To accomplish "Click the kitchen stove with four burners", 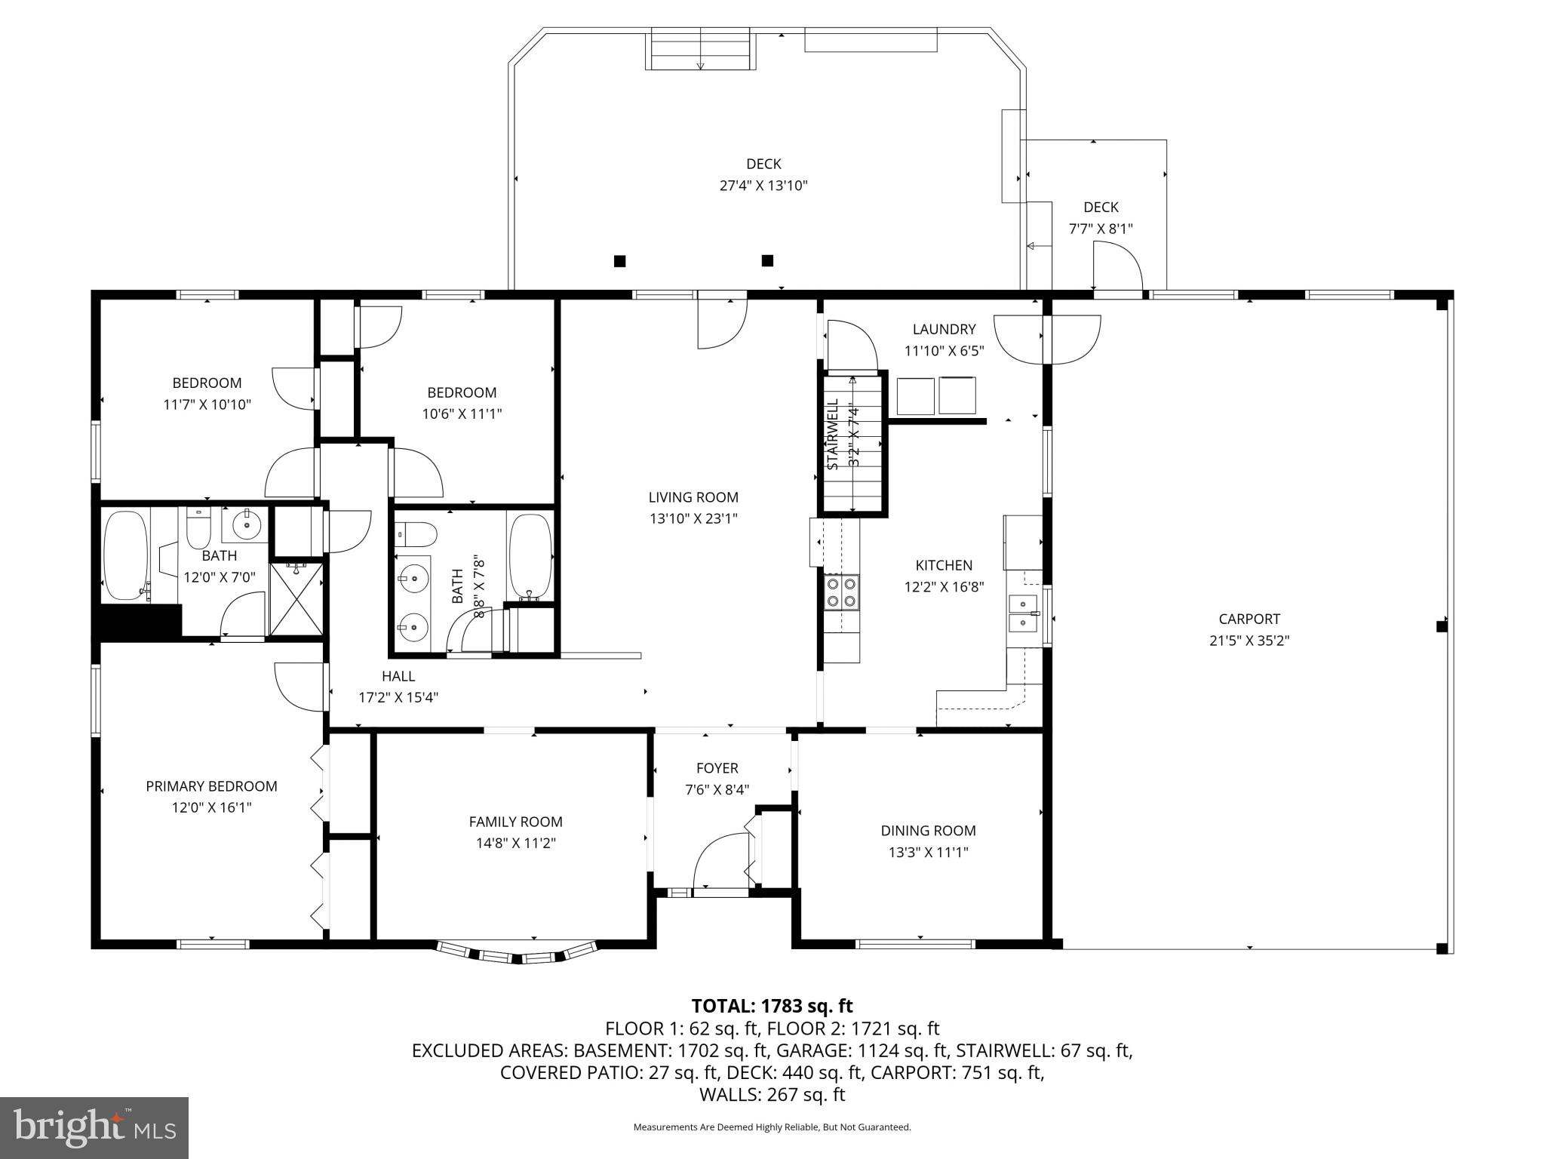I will pyautogui.click(x=842, y=591).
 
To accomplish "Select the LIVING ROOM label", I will pyautogui.click(x=693, y=497).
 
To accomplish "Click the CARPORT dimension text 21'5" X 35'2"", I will pyautogui.click(x=1249, y=641).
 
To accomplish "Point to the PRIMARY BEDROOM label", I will pyautogui.click(x=211, y=786).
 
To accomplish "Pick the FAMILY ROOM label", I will pyautogui.click(x=515, y=822).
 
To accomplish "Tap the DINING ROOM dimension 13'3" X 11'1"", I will pyautogui.click(x=928, y=852).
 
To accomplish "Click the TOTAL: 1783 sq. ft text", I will pyautogui.click(x=772, y=1006).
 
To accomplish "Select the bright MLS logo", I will pyautogui.click(x=94, y=1127).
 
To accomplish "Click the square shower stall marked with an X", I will pyautogui.click(x=296, y=600).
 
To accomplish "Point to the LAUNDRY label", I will pyautogui.click(x=944, y=329).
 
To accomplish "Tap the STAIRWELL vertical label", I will pyautogui.click(x=834, y=435).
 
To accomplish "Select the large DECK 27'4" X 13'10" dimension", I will pyautogui.click(x=763, y=186).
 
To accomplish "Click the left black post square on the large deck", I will pyautogui.click(x=619, y=261).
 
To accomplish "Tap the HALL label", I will pyautogui.click(x=398, y=676).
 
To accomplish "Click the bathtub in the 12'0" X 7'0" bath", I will pyautogui.click(x=125, y=555).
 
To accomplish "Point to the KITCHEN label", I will pyautogui.click(x=944, y=565).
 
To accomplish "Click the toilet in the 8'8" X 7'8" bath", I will pyautogui.click(x=415, y=535).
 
